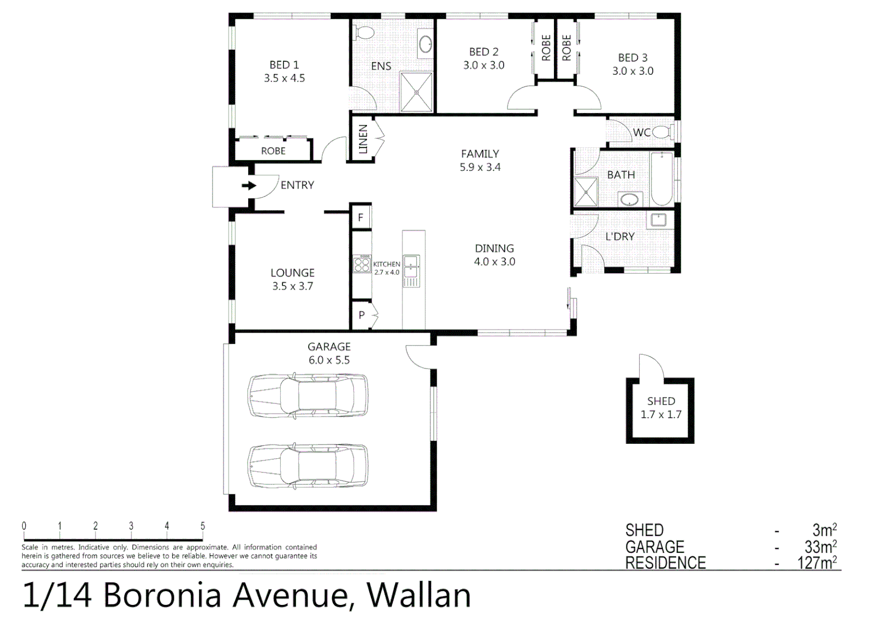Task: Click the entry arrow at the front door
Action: click(249, 186)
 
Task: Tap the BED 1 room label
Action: click(284, 65)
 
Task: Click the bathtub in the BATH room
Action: click(661, 178)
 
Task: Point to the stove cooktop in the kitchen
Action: click(361, 265)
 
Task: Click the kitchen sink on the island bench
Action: click(411, 265)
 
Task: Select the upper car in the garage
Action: click(308, 395)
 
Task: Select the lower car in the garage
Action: click(308, 466)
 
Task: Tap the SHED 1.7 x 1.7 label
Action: click(661, 408)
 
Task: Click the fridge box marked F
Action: click(361, 218)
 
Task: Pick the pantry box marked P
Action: click(361, 315)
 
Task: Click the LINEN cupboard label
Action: click(362, 139)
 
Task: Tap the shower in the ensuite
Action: click(416, 92)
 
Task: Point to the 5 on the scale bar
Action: click(202, 526)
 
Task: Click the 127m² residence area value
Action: click(817, 563)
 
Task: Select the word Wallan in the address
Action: click(418, 595)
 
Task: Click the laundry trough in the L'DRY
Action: click(658, 220)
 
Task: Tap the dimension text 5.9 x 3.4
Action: click(480, 167)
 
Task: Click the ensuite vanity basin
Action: click(425, 45)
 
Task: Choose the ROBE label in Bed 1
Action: click(273, 151)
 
